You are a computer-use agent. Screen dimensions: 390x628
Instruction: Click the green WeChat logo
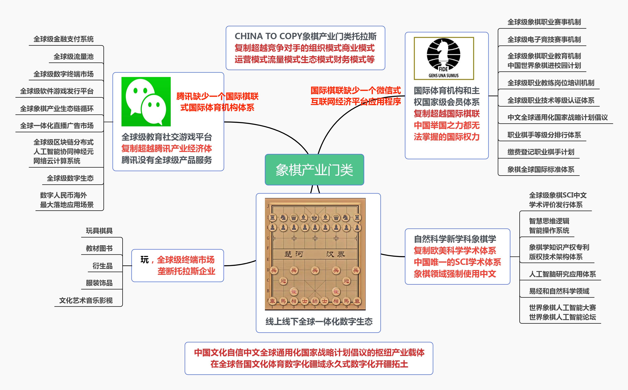[x=146, y=101]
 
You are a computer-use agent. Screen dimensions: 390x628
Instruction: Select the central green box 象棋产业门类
[x=314, y=170]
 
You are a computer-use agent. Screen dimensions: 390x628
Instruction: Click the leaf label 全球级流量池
[x=73, y=57]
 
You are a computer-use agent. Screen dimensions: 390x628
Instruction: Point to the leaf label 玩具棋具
[x=99, y=231]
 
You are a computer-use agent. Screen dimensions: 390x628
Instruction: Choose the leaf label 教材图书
[x=99, y=248]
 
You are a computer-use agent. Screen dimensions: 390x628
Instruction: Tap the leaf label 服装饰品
[x=99, y=283]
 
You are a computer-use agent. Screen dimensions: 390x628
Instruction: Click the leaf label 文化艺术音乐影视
[x=86, y=300]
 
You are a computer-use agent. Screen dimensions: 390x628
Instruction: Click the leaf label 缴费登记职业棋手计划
[x=541, y=152]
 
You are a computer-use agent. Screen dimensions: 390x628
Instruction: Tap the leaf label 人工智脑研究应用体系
[x=562, y=274]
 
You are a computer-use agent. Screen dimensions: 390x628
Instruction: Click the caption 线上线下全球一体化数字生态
[x=319, y=321]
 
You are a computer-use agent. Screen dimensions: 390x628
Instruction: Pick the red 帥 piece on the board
[x=315, y=301]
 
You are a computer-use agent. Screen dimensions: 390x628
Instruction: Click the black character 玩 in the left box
[x=144, y=260]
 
